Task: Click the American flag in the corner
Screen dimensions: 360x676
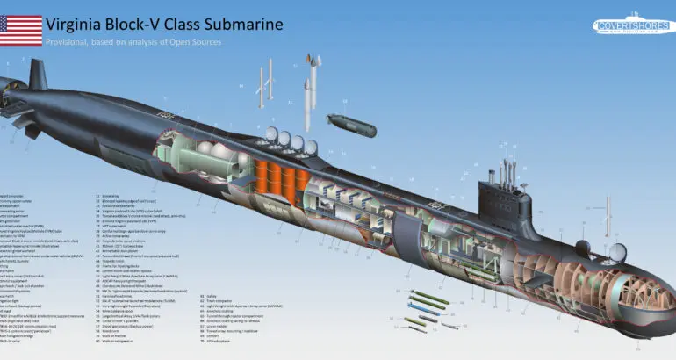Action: click(21, 31)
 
